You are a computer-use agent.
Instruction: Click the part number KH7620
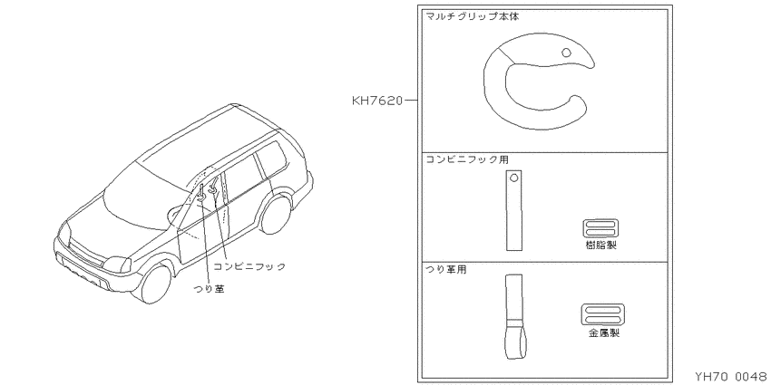377,101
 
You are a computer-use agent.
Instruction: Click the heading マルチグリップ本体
472,16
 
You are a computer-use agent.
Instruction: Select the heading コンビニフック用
467,159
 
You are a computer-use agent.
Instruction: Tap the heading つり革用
446,270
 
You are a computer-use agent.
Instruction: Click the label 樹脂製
600,245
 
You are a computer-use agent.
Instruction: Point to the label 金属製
604,333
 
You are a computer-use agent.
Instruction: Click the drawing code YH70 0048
732,377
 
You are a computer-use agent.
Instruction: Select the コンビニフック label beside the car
249,266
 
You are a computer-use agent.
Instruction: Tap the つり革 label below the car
210,289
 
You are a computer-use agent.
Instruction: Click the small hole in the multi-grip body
566,52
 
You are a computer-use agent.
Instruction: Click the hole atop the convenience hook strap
513,178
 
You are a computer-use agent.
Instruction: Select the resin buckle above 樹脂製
600,228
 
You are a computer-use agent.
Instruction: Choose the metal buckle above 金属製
603,314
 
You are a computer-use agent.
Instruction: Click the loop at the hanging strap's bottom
514,342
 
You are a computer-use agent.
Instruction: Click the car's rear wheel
276,214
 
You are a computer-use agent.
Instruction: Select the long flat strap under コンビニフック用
513,210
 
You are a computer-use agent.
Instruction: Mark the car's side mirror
173,214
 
